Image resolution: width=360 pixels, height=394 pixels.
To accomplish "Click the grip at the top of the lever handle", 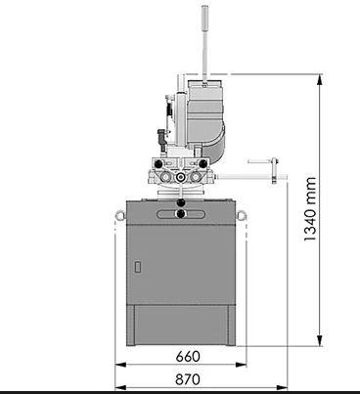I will (204, 17).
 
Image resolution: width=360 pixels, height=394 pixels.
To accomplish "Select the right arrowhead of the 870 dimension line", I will (284, 387).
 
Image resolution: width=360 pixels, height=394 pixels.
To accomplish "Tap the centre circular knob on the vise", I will (180, 176).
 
